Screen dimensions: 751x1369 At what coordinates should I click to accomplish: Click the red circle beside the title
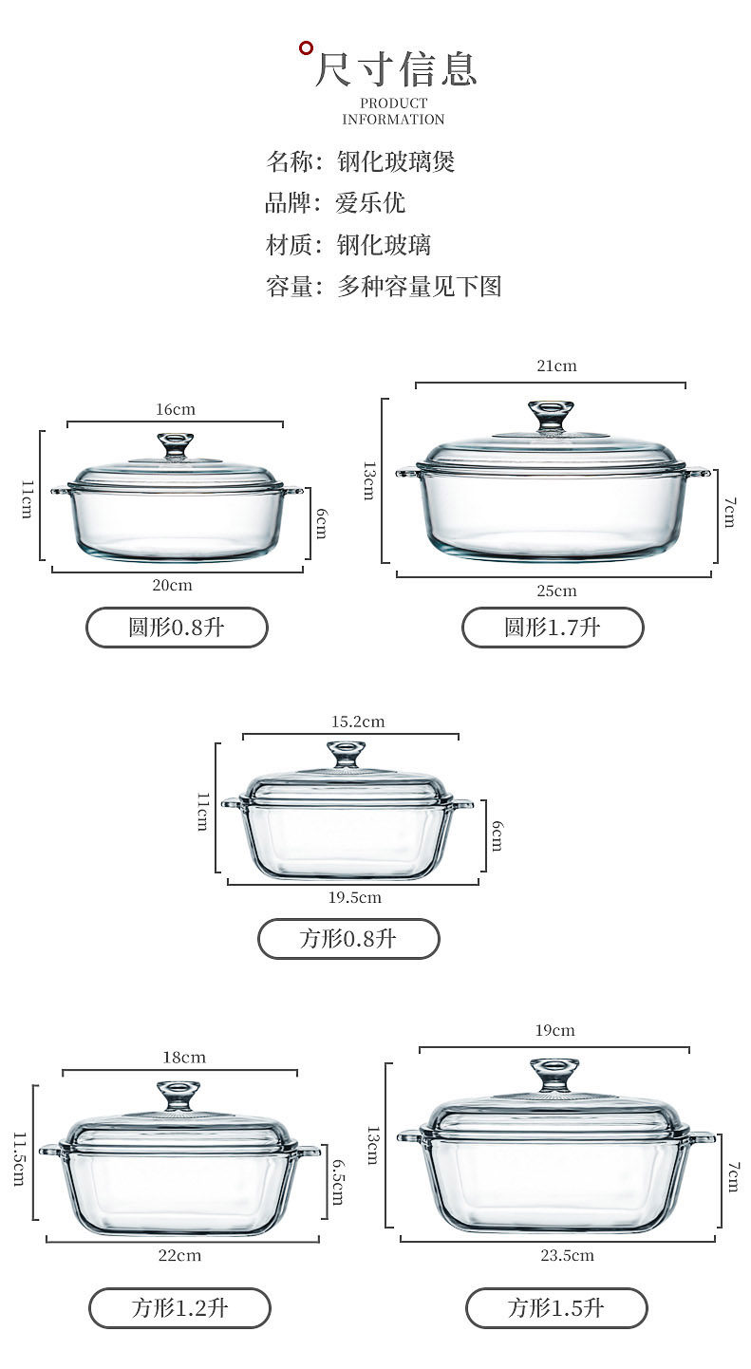(306, 47)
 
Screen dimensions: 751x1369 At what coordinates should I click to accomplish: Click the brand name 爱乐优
(369, 203)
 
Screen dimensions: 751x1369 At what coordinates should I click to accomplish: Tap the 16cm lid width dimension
(176, 409)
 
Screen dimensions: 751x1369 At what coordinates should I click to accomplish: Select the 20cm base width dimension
(172, 585)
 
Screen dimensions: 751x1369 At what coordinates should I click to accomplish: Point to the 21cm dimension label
(556, 366)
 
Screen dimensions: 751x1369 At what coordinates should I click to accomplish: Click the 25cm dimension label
(556, 591)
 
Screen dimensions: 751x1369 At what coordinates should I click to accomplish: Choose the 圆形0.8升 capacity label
(177, 627)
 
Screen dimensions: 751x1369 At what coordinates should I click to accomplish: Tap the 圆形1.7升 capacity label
(553, 627)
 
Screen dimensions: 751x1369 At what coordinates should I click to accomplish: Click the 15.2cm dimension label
(358, 722)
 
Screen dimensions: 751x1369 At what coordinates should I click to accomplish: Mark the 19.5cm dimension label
(354, 897)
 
